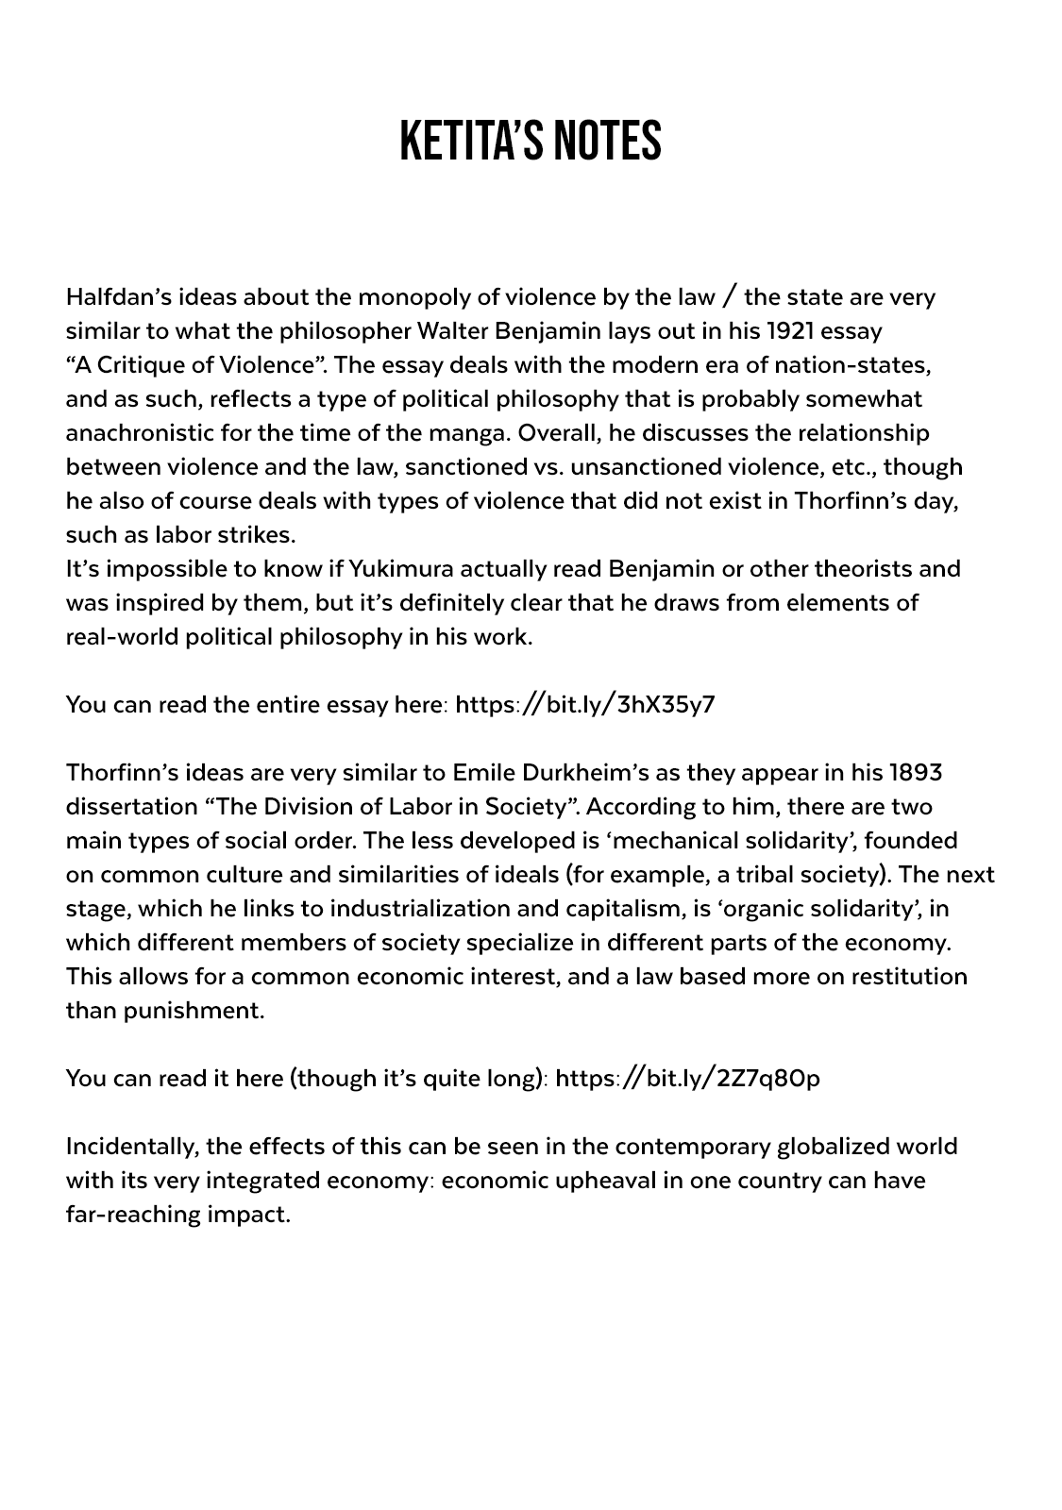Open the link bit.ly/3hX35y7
point(585,704)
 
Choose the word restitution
point(909,977)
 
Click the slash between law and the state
point(729,297)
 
